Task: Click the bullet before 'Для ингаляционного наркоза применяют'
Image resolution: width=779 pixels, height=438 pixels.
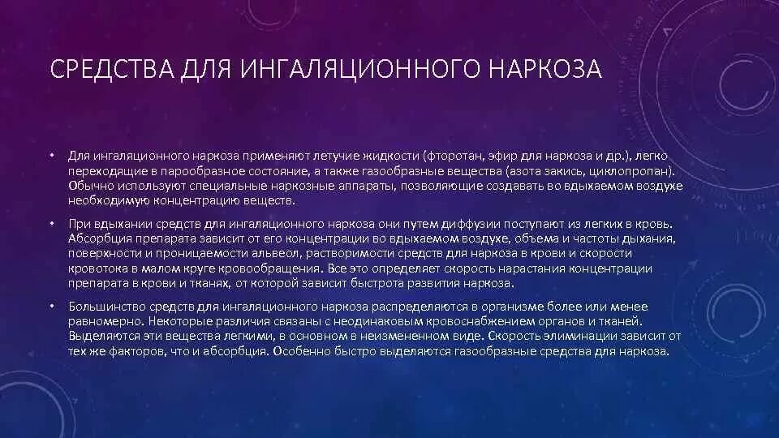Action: (x=49, y=154)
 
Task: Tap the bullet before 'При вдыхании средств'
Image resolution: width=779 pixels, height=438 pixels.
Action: (x=49, y=222)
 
